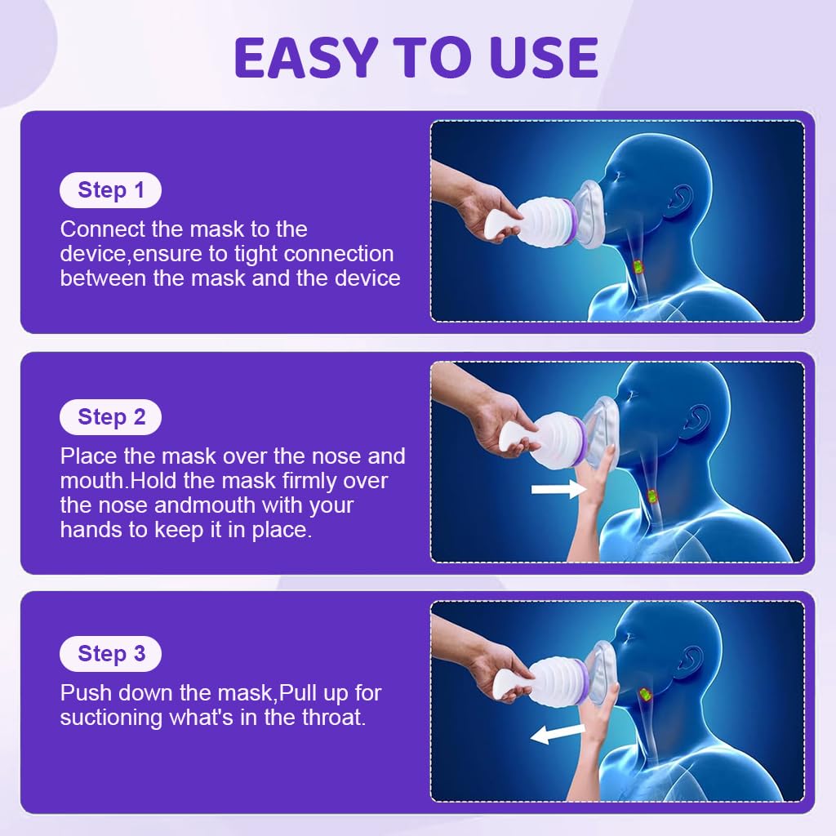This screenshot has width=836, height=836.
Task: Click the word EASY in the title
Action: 306,58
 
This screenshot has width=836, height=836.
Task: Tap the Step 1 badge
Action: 110,189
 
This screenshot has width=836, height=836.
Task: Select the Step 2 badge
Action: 110,417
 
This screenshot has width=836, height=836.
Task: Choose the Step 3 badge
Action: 110,654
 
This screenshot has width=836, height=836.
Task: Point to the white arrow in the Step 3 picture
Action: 558,734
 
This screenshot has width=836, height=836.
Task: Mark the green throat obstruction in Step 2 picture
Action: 651,496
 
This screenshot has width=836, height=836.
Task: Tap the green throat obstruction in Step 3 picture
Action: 645,694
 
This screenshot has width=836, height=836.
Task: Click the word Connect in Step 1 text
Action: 103,229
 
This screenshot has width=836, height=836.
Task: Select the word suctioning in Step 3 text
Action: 111,718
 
